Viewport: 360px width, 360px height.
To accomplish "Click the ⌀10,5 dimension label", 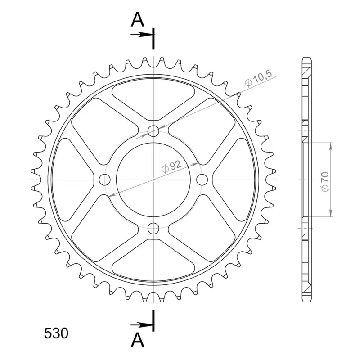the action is pyautogui.click(x=258, y=78).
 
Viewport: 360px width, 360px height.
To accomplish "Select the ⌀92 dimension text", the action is pyautogui.click(x=171, y=166).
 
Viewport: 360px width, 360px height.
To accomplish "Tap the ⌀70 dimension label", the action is pyautogui.click(x=325, y=182).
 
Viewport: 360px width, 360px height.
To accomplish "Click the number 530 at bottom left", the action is pyautogui.click(x=56, y=333).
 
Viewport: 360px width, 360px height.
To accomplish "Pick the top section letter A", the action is pyautogui.click(x=137, y=19).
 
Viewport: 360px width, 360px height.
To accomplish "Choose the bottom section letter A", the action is pyautogui.click(x=137, y=340).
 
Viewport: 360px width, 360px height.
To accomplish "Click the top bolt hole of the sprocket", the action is pyautogui.click(x=153, y=131).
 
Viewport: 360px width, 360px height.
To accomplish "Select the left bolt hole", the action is pyautogui.click(x=105, y=180).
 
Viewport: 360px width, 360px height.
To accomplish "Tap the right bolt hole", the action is pyautogui.click(x=202, y=180).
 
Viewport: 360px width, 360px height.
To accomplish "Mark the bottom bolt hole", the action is pyautogui.click(x=153, y=228).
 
